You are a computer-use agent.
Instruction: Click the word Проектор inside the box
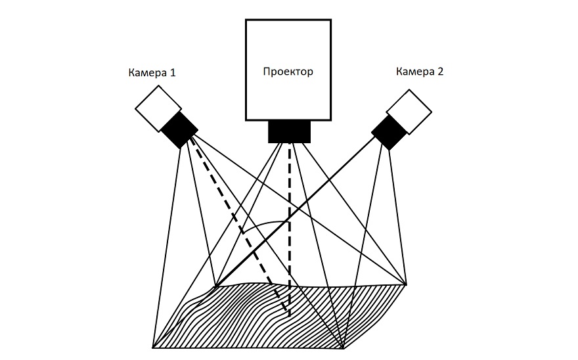(288, 72)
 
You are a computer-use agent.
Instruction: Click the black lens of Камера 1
(179, 129)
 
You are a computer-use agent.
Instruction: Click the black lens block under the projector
(289, 131)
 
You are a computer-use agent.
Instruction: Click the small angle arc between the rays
(263, 224)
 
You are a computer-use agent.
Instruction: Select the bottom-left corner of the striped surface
(152, 348)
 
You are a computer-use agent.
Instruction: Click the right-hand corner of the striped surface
(407, 284)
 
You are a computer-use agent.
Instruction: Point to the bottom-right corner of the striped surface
(342, 348)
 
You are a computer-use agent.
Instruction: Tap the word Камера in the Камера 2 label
(414, 72)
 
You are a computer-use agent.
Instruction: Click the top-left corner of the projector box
(246, 20)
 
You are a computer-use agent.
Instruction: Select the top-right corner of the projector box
(330, 20)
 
